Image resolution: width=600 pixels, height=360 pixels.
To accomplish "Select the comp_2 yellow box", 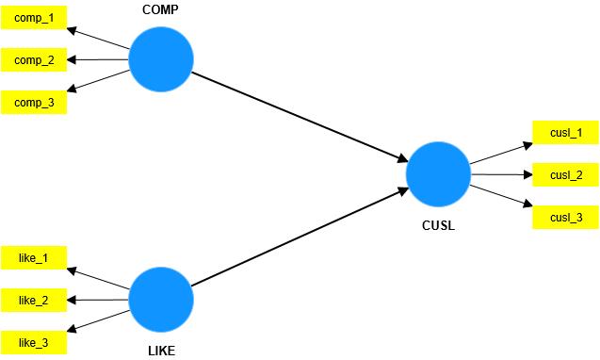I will pyautogui.click(x=33, y=60).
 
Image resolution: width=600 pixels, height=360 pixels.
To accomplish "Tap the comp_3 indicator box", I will pyautogui.click(x=33, y=102).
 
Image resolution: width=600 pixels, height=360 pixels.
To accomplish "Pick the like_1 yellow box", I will pyautogui.click(x=33, y=258).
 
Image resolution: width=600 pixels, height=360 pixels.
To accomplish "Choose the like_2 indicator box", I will pyautogui.click(x=33, y=300).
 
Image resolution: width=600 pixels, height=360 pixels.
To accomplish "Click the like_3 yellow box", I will pyautogui.click(x=33, y=341).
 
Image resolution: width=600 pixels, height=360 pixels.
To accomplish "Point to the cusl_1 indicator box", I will pyautogui.click(x=565, y=133).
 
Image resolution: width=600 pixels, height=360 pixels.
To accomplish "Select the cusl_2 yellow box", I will pyautogui.click(x=565, y=174).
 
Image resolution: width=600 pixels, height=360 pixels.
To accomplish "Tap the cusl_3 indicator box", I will pyautogui.click(x=565, y=217).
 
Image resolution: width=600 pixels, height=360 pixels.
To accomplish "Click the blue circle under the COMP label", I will pyautogui.click(x=160, y=59).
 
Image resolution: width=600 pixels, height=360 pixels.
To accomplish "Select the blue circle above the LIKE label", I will pyautogui.click(x=160, y=299).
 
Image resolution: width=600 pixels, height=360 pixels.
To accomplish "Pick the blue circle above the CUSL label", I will pyautogui.click(x=438, y=174).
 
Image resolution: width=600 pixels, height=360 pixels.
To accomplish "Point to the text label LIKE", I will pyautogui.click(x=160, y=351).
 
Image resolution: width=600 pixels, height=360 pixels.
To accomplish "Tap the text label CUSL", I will pyautogui.click(x=438, y=226).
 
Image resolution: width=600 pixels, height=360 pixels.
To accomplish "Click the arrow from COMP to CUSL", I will pyautogui.click(x=299, y=117).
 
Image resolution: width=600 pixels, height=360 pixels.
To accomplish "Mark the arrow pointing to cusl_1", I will pyautogui.click(x=501, y=154).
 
